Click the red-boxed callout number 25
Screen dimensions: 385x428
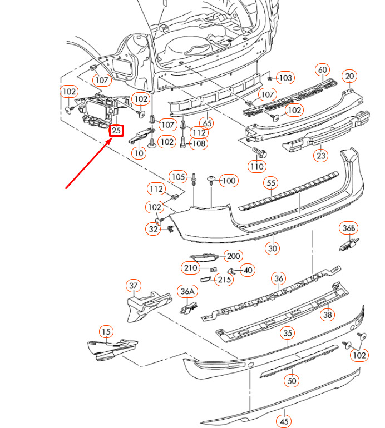(116, 131)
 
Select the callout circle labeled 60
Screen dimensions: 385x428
(323, 70)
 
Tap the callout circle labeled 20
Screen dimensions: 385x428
(349, 76)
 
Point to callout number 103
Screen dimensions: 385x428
(285, 78)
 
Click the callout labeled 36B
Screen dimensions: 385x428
(349, 228)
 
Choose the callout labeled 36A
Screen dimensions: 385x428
(187, 291)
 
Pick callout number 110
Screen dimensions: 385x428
(257, 166)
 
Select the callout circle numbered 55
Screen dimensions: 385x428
(271, 183)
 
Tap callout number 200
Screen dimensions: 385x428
(233, 256)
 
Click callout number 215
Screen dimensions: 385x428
(224, 280)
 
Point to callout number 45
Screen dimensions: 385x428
(284, 421)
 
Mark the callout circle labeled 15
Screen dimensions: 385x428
(106, 332)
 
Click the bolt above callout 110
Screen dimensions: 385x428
(260, 152)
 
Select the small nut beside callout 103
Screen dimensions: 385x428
(270, 78)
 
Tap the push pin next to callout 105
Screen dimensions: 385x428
(194, 179)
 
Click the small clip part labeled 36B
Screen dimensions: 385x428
(349, 245)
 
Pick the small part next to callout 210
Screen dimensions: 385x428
(214, 270)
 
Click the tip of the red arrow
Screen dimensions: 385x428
(112, 138)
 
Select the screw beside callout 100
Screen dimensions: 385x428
(211, 180)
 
